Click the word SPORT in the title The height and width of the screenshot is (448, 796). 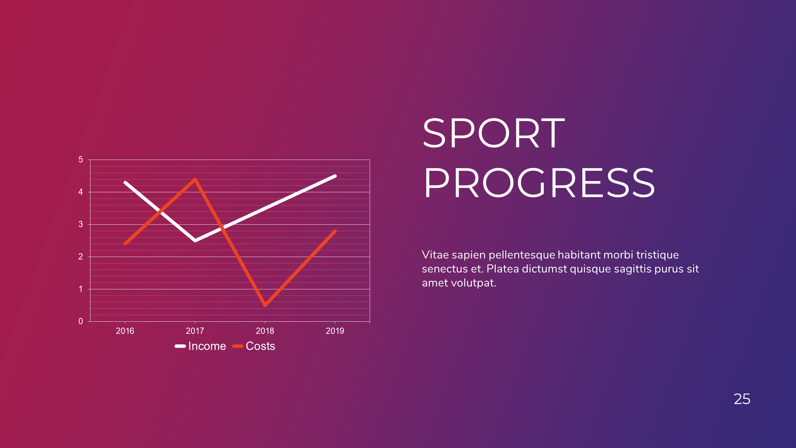(x=494, y=133)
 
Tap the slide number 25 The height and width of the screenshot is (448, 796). (x=742, y=399)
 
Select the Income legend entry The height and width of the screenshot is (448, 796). (x=201, y=346)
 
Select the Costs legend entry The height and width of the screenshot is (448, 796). (x=254, y=346)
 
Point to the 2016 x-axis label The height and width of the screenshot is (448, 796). (x=125, y=331)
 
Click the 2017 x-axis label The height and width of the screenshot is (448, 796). (x=195, y=331)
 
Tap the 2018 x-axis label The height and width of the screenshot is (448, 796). (x=265, y=331)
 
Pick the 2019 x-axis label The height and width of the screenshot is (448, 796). (x=335, y=331)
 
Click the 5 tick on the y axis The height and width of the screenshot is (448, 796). (x=81, y=160)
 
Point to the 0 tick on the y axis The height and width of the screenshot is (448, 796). (x=81, y=321)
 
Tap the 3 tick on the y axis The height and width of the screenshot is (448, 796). (x=81, y=224)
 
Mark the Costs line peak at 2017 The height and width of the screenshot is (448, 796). (x=195, y=179)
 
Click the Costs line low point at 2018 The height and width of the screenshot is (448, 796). (x=265, y=305)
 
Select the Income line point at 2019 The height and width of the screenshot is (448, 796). (x=335, y=176)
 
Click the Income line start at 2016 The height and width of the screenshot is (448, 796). (x=125, y=182)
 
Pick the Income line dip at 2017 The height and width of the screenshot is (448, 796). (x=195, y=240)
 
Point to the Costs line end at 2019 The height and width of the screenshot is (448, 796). (x=335, y=231)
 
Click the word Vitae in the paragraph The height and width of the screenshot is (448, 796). (x=435, y=255)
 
